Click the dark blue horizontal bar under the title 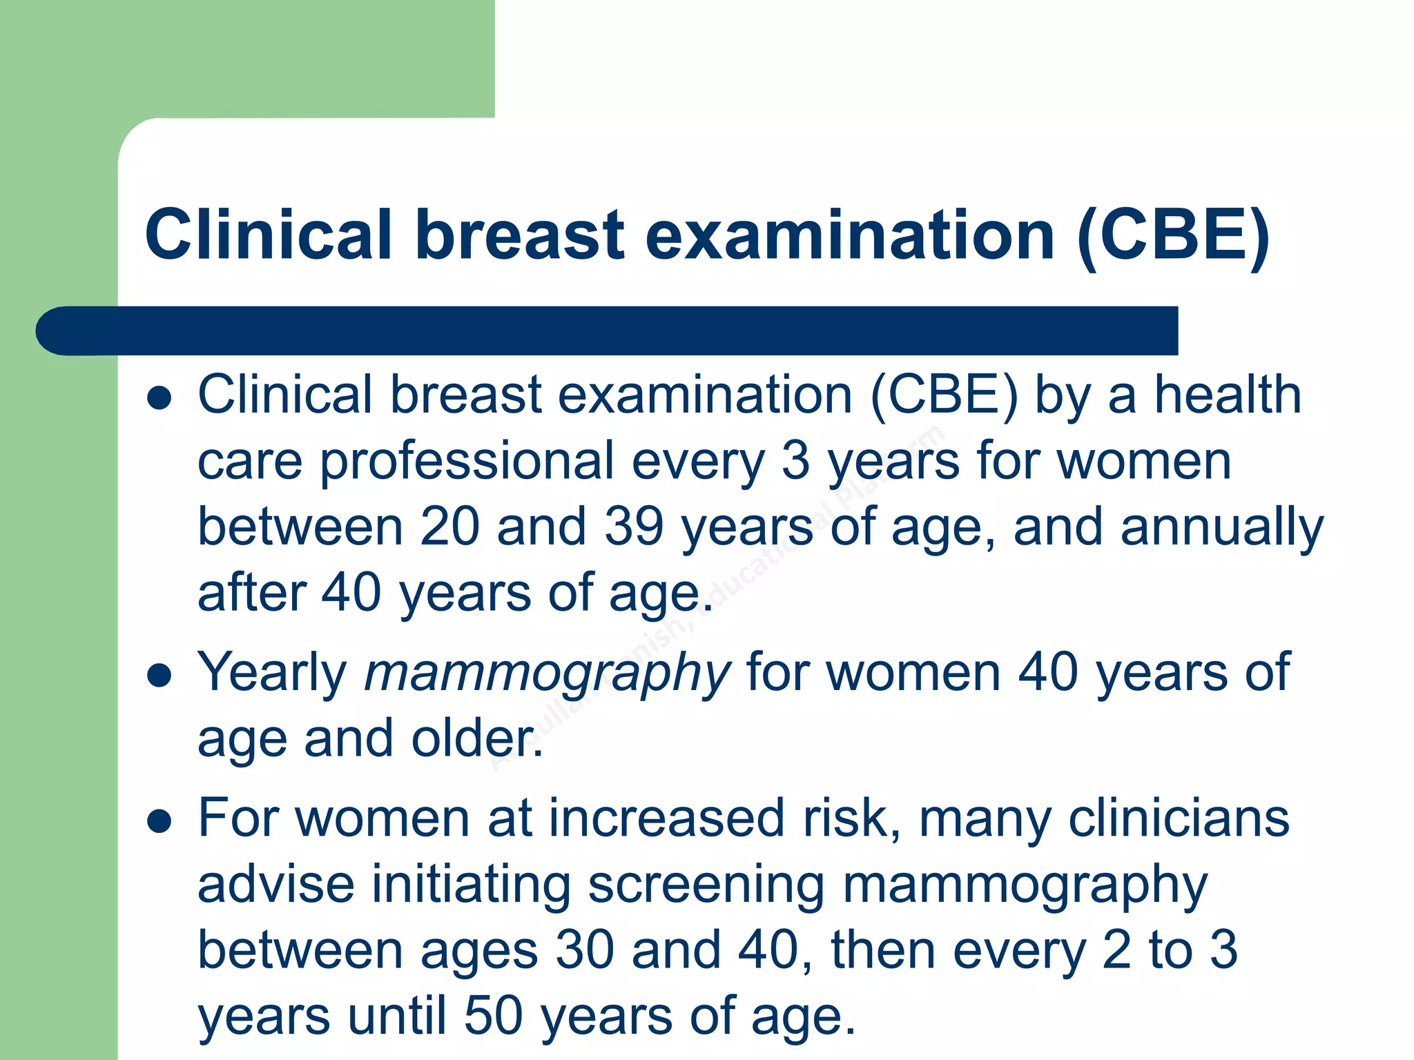click(608, 331)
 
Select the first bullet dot click(159, 397)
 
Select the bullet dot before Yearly click(159, 676)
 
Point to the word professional click(467, 461)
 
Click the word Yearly click(272, 674)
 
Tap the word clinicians click(1179, 818)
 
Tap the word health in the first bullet click(1228, 395)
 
